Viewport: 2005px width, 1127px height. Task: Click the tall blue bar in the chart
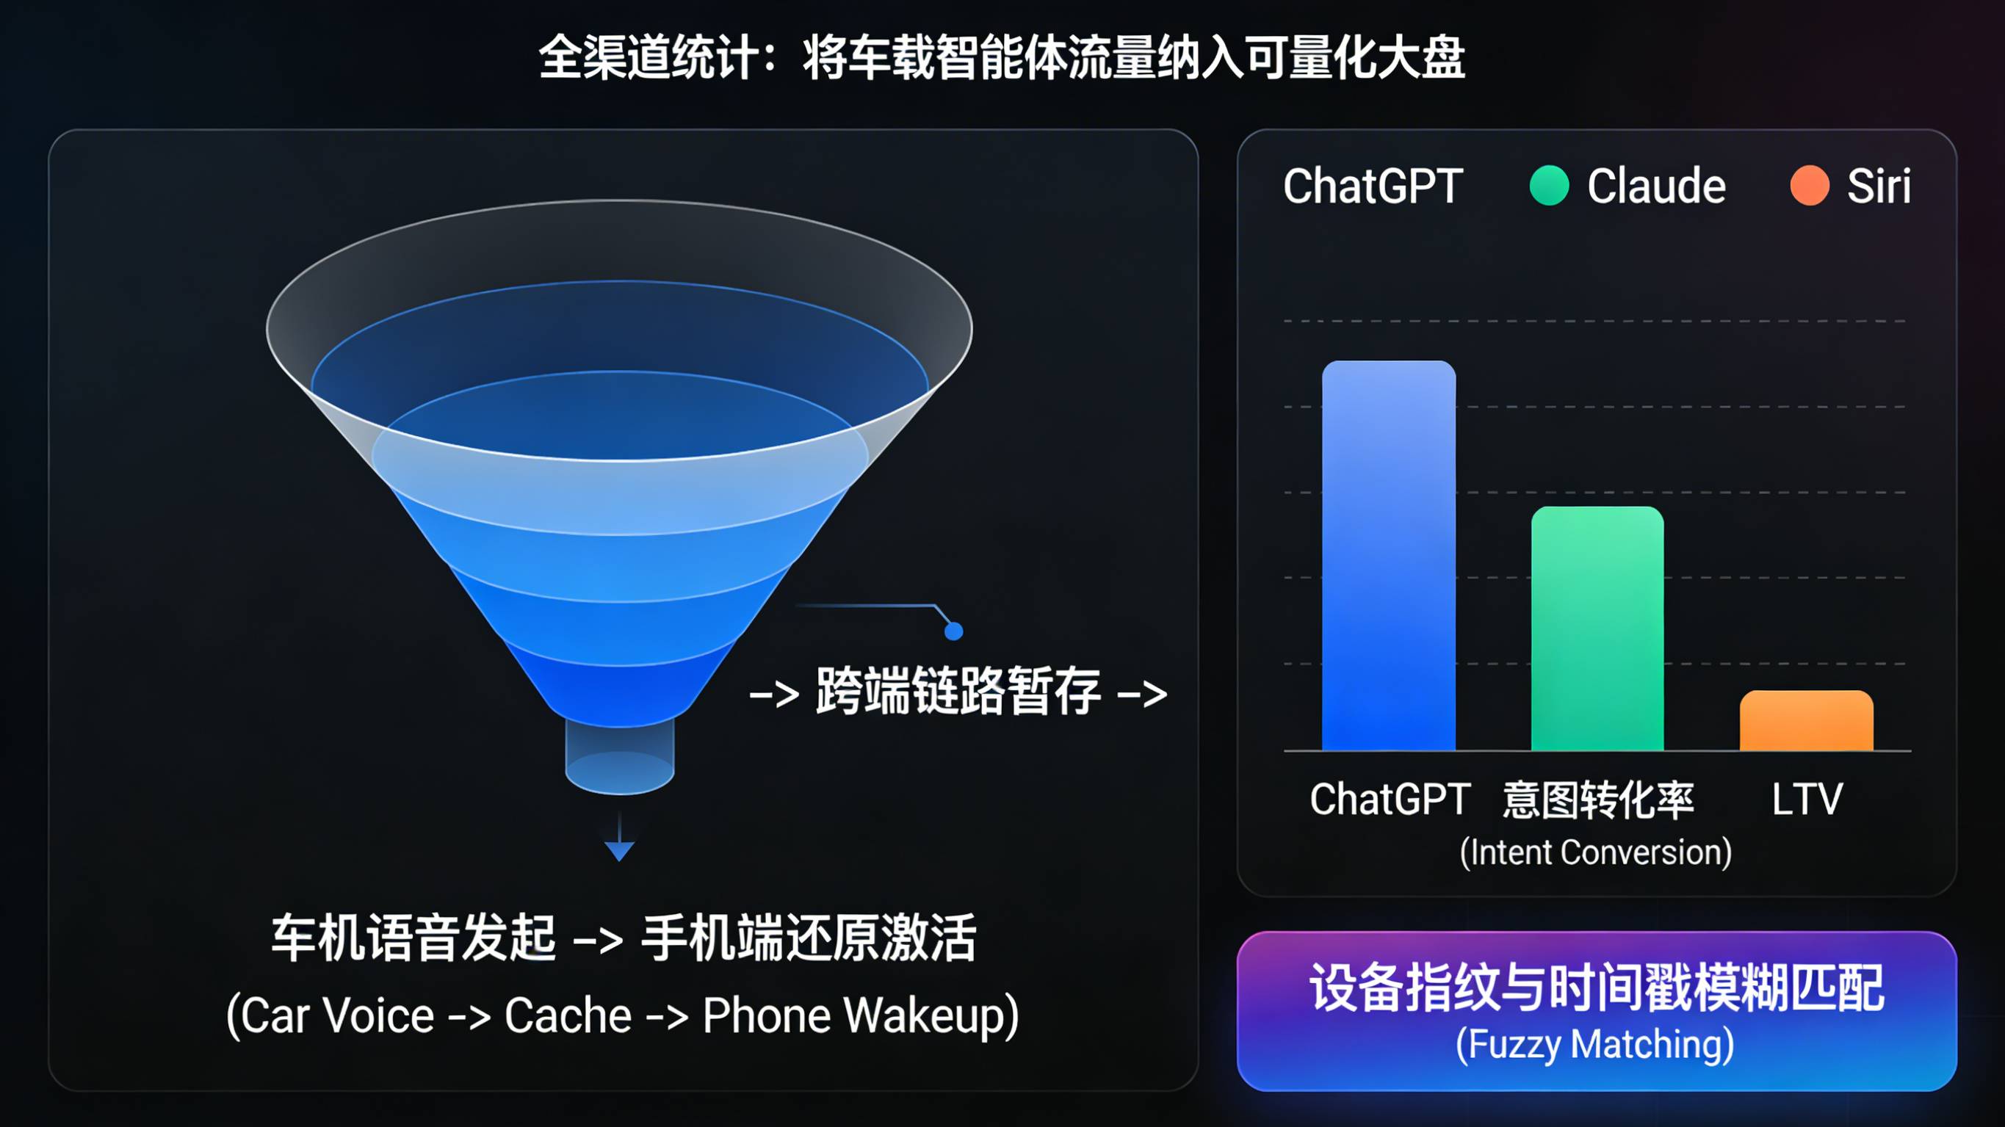pos(1389,556)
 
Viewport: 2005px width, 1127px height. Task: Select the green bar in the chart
pos(1597,629)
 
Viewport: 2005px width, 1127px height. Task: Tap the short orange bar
pos(1807,721)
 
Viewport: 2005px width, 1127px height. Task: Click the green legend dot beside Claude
pos(1549,185)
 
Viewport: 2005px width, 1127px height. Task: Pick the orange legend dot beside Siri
pos(1809,185)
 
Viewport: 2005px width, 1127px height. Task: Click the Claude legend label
pos(1656,186)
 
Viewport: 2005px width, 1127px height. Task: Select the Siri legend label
pos(1879,186)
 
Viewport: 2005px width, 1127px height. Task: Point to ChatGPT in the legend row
pos(1373,186)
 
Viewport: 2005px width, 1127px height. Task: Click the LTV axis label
pos(1807,800)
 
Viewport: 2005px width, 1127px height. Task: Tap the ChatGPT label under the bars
pos(1390,800)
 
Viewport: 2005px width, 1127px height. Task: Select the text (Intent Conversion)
pos(1596,852)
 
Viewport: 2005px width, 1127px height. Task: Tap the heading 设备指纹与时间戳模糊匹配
pos(1597,988)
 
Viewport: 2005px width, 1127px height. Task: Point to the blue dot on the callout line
pos(953,631)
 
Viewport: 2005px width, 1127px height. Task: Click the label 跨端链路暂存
pos(958,691)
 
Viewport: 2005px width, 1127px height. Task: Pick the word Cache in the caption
pos(568,1015)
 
